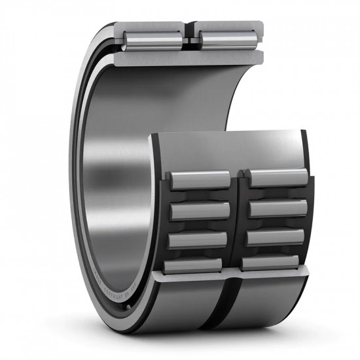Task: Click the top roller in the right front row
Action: (x=278, y=177)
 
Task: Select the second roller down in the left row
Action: (x=199, y=210)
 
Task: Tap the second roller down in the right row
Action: (x=278, y=208)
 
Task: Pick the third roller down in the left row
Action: (x=198, y=240)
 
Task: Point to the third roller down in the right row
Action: (x=276, y=238)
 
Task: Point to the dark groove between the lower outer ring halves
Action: (x=231, y=308)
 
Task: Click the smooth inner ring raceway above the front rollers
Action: (x=229, y=149)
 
